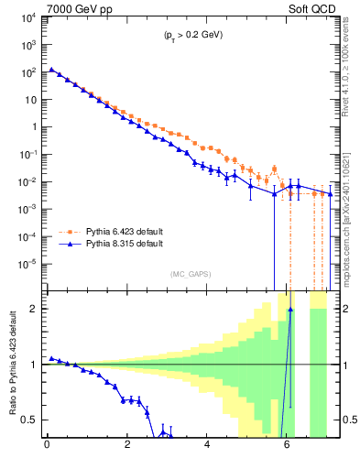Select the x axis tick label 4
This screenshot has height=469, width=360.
208,448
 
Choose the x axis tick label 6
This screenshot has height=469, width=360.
289,448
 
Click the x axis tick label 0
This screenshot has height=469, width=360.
47,448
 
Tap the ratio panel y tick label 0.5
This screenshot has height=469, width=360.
29,420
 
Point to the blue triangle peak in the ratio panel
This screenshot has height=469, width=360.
290,310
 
